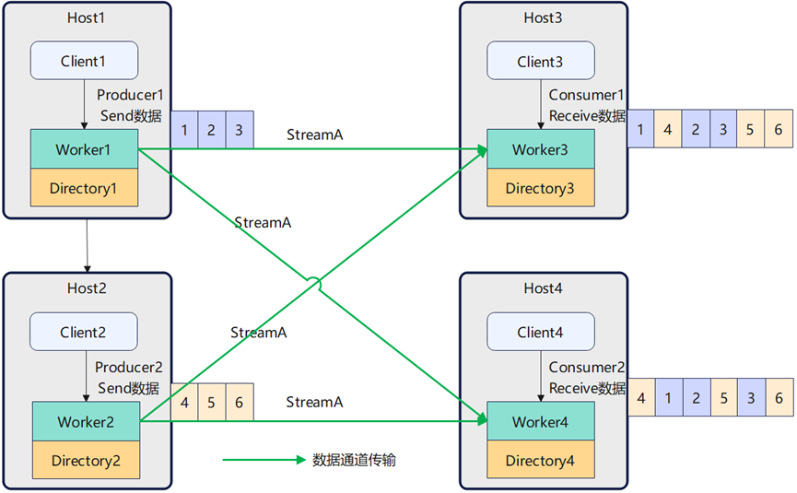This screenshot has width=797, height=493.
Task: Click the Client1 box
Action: (x=85, y=61)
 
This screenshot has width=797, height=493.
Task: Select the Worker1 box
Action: (x=84, y=149)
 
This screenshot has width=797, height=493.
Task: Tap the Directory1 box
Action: (x=84, y=188)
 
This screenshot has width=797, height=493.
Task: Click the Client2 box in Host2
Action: (x=84, y=333)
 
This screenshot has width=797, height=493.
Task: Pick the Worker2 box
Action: (x=86, y=422)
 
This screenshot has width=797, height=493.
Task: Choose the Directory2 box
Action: (x=86, y=460)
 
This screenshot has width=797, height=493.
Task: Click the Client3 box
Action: (x=540, y=62)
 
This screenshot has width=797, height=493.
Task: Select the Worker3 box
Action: (x=541, y=149)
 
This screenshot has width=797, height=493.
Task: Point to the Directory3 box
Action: (x=541, y=188)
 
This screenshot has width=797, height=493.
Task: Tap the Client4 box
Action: (x=540, y=333)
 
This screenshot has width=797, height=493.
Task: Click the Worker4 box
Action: (x=541, y=422)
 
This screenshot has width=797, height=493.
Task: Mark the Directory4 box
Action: (x=541, y=460)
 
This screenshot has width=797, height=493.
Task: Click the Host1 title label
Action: (x=87, y=18)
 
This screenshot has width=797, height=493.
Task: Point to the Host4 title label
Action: (x=543, y=288)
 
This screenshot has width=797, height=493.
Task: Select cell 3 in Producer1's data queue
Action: (x=239, y=130)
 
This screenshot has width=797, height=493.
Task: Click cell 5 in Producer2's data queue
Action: (x=211, y=402)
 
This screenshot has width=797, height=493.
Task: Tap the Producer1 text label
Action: (x=131, y=95)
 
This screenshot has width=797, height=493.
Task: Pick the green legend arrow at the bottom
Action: (x=264, y=459)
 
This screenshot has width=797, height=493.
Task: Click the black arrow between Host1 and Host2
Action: (x=87, y=244)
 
